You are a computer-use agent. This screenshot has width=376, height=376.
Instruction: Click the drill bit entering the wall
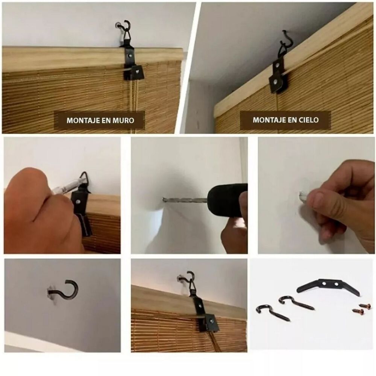pyautogui.click(x=185, y=200)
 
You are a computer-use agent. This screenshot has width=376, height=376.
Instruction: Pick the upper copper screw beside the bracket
pyautogui.click(x=365, y=306)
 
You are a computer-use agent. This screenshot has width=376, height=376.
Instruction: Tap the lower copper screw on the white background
pyautogui.click(x=358, y=311)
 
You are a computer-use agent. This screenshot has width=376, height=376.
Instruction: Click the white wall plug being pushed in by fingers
pyautogui.click(x=303, y=196)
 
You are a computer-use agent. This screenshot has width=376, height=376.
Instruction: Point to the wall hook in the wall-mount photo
pyautogui.click(x=123, y=27)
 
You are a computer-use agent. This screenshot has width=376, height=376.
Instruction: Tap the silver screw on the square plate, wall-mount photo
pyautogui.click(x=137, y=71)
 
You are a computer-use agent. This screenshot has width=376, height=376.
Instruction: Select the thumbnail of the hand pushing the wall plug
pyautogui.click(x=316, y=195)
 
